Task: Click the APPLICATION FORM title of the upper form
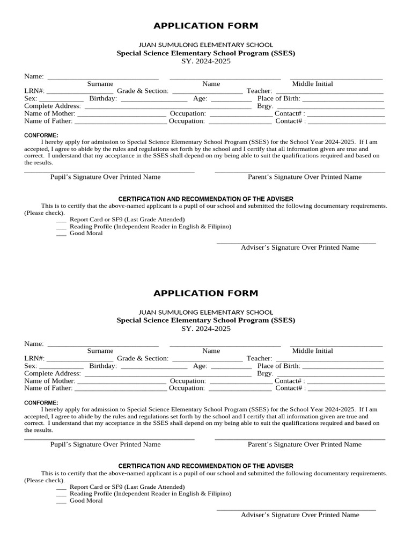point(205,26)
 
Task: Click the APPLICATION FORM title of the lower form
point(205,293)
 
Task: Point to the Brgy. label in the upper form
point(265,106)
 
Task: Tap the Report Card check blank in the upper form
point(61,221)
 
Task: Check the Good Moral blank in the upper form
point(61,235)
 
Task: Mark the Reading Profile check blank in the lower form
point(61,495)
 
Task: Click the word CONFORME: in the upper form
point(41,135)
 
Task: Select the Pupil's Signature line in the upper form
point(109,172)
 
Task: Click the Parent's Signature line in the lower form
point(300,439)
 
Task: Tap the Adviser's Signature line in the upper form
point(296,243)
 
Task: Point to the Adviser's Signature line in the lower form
point(296,509)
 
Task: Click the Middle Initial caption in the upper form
point(312,84)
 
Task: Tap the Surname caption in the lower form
point(100,351)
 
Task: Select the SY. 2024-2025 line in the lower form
point(205,328)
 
